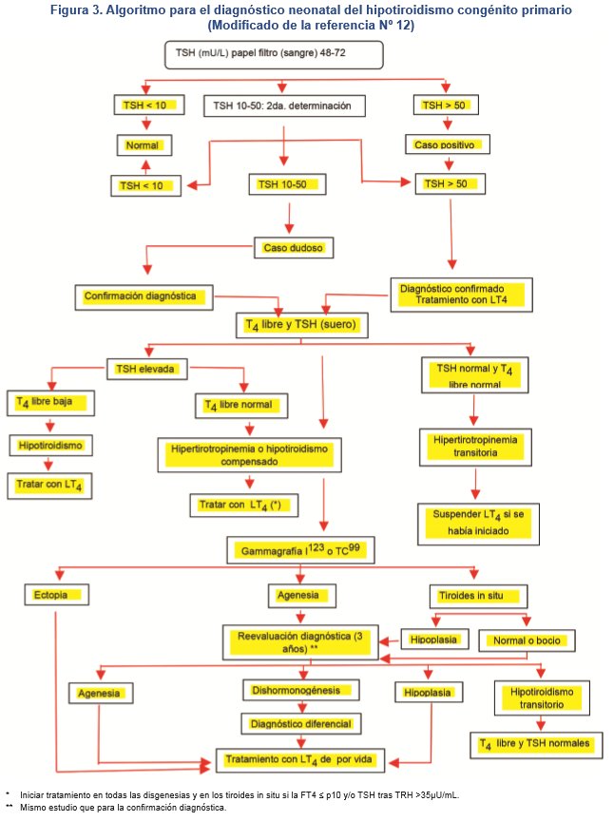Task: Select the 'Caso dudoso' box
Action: tap(294, 248)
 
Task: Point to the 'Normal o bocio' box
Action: tap(527, 640)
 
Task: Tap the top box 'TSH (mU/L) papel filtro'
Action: tap(273, 56)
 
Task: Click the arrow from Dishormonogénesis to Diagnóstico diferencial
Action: tap(300, 706)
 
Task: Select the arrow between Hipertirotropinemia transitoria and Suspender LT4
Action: tap(474, 479)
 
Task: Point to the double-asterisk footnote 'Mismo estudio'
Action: tap(124, 807)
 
